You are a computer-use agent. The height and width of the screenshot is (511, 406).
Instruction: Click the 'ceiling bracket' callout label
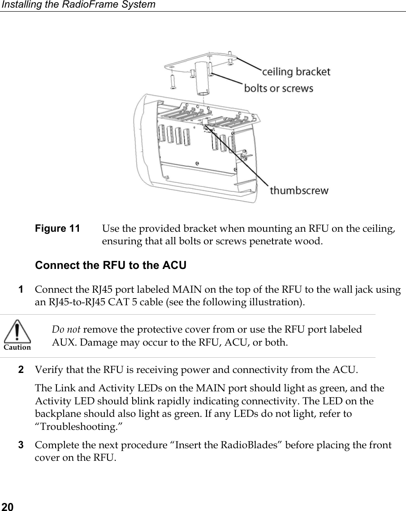click(296, 72)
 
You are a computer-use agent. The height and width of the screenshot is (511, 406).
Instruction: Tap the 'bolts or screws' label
click(278, 88)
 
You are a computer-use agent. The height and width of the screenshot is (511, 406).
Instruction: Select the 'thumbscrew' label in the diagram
click(299, 191)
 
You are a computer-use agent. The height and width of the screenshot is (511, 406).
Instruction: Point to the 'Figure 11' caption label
click(58, 229)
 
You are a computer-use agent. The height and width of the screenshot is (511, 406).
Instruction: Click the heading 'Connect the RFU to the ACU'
click(110, 265)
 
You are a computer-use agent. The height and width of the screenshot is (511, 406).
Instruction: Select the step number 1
click(21, 290)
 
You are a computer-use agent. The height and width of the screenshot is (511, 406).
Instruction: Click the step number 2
click(21, 370)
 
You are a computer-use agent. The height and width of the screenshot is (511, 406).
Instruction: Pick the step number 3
click(21, 445)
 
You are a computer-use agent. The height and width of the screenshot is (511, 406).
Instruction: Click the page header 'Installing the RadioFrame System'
click(78, 5)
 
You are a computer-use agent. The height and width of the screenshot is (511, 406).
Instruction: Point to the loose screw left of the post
click(173, 82)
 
